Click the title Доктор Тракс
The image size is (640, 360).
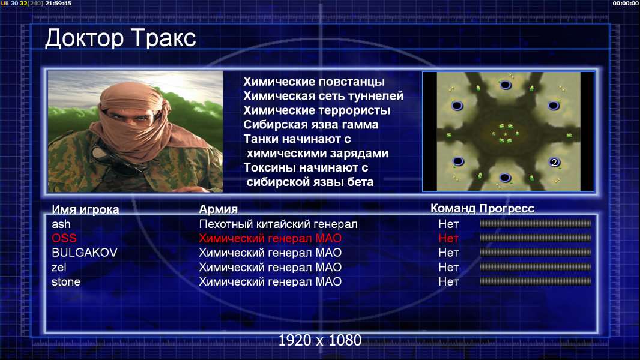(121, 39)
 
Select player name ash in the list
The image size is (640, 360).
(61, 224)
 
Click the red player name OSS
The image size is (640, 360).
(64, 239)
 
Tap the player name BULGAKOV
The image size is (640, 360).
(85, 253)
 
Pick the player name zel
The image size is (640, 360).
(59, 268)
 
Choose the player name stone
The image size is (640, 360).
(66, 282)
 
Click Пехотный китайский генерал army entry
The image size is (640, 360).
(279, 224)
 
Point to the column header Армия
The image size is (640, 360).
(219, 209)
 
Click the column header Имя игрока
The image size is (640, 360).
(85, 209)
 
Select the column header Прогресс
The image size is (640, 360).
(507, 208)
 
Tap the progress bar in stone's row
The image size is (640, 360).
(536, 281)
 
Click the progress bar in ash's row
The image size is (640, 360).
(536, 223)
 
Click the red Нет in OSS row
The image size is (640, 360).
(448, 239)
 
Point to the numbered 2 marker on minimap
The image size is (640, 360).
(554, 162)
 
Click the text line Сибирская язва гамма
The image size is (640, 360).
(311, 125)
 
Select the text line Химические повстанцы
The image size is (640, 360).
(314, 82)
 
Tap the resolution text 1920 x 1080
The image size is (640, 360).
(320, 340)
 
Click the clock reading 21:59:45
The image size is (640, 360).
(58, 3)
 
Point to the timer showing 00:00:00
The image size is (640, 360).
(626, 3)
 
